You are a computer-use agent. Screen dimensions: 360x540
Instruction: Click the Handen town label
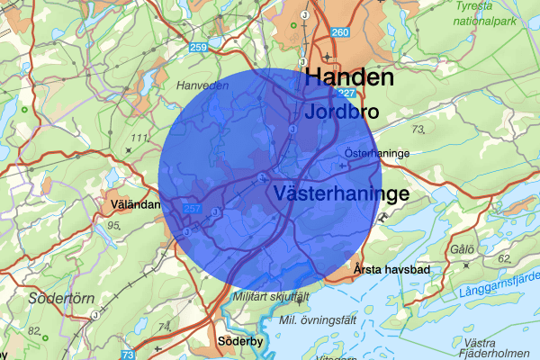pos(349,77)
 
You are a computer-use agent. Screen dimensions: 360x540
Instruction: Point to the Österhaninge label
pos(378,154)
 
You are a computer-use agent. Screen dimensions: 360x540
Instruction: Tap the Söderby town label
pos(239,342)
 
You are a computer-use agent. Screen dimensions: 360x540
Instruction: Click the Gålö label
pos(463,248)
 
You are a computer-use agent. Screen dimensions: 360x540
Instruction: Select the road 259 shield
pos(199,47)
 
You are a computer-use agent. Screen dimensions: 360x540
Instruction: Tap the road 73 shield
pos(128,355)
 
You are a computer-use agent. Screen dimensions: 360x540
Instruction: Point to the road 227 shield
pos(348,93)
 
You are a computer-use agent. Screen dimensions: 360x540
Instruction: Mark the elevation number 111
pos(138,137)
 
